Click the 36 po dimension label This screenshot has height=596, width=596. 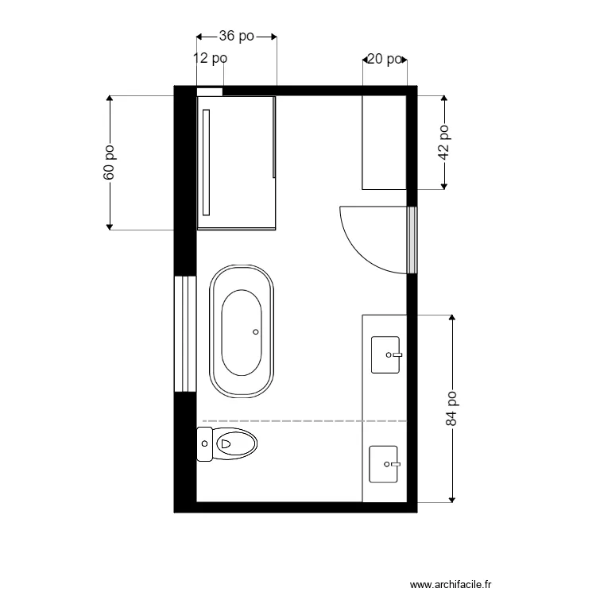(x=236, y=36)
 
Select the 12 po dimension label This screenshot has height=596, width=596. (x=211, y=58)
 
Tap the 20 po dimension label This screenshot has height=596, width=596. (x=385, y=59)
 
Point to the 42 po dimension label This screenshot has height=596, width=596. (x=445, y=142)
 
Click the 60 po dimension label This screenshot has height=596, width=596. (x=110, y=162)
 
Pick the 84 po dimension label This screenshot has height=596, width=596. (x=452, y=408)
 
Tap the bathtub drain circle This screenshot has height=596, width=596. (x=255, y=331)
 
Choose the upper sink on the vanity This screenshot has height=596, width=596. (x=386, y=354)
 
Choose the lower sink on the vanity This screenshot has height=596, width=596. (x=385, y=463)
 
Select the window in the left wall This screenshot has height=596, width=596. (x=184, y=334)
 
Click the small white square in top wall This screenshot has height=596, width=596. (x=210, y=91)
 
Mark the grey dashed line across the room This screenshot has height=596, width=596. (x=302, y=420)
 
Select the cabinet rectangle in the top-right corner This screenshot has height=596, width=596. (x=385, y=142)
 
